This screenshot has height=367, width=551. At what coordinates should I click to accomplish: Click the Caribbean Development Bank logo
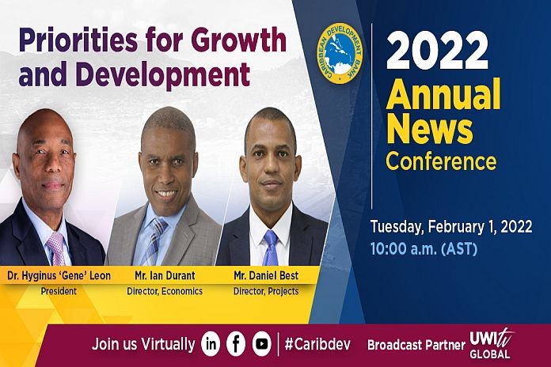(340, 53)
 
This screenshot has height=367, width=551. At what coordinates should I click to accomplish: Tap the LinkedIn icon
(211, 344)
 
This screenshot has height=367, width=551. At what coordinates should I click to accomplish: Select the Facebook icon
(236, 344)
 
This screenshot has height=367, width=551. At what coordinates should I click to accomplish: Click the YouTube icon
(262, 344)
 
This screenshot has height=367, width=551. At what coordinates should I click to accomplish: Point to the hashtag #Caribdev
(317, 344)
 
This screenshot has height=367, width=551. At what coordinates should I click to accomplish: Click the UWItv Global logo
(491, 344)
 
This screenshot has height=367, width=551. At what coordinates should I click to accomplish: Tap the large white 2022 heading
(437, 51)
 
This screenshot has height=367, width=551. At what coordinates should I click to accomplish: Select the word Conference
(441, 161)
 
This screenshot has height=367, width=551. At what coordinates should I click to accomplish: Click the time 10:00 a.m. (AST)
(424, 249)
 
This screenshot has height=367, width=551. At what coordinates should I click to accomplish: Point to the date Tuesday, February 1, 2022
(451, 227)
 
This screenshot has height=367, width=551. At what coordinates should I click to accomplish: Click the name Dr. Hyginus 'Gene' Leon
(59, 276)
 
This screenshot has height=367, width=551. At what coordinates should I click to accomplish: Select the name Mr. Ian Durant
(165, 276)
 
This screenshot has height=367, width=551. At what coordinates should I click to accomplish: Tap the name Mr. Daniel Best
(266, 276)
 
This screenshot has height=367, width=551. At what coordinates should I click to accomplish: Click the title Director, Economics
(165, 291)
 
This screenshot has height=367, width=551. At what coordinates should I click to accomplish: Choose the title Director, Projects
(266, 291)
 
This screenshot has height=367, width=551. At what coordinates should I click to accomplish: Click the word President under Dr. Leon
(59, 291)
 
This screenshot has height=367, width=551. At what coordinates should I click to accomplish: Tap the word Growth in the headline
(239, 40)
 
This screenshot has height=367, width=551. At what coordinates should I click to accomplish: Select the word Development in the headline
(163, 75)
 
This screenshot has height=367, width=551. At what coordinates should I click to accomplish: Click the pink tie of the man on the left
(56, 248)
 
